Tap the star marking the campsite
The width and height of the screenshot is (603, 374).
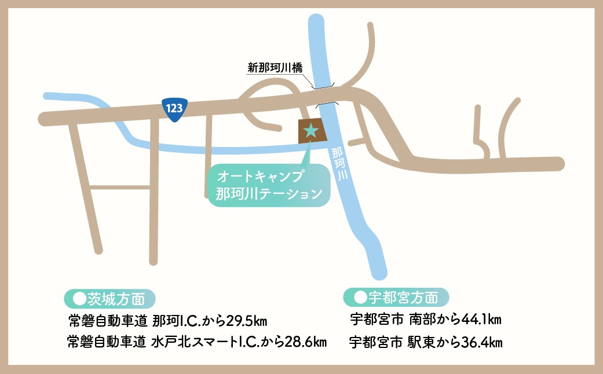[x=311, y=130]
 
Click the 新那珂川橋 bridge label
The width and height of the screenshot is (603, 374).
[x=275, y=68]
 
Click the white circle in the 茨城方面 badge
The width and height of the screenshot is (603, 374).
[x=78, y=298]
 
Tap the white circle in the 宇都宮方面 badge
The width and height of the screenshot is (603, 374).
[x=359, y=298]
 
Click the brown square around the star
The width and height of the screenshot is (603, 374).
[x=302, y=138]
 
